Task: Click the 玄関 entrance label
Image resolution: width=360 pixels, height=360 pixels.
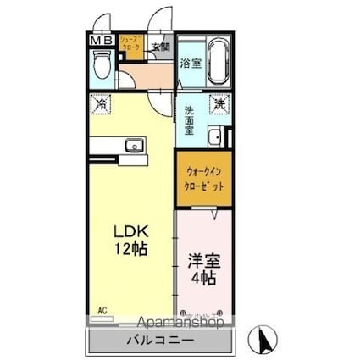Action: click(160, 47)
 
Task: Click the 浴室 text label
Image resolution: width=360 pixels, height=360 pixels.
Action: click(190, 63)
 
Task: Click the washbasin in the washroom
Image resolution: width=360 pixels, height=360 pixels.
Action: click(216, 136)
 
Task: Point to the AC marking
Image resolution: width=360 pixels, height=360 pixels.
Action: click(102, 310)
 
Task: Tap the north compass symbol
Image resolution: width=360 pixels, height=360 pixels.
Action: click(266, 341)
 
